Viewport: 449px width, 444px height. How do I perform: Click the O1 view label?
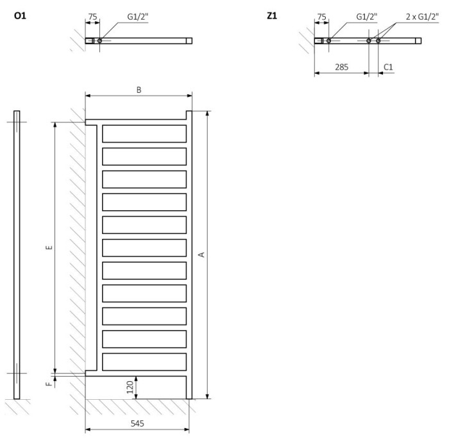click(x=20, y=15)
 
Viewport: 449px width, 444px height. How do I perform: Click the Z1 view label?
click(x=272, y=15)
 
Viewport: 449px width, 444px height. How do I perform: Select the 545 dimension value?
click(x=137, y=423)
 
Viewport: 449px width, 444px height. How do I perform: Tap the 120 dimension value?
click(x=130, y=387)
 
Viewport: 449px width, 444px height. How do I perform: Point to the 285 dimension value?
click(x=342, y=67)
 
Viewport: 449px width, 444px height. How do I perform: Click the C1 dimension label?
click(x=388, y=67)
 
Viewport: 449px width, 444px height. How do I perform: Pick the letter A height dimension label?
click(x=201, y=254)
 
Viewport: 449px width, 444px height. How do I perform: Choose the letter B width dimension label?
click(x=139, y=90)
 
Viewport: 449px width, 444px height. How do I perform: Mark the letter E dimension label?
click(x=49, y=247)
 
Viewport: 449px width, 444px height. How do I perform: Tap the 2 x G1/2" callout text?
click(x=422, y=17)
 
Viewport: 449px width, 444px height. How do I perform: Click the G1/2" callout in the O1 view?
click(x=138, y=17)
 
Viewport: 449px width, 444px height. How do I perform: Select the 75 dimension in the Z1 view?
click(x=321, y=17)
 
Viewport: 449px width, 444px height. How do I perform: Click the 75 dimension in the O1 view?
click(x=92, y=17)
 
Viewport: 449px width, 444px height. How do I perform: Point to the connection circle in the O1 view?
click(x=99, y=40)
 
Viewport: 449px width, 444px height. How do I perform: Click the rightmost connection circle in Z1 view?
click(x=378, y=40)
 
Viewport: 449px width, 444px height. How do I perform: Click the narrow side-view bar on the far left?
click(x=17, y=254)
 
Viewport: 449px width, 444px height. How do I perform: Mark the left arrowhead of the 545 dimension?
click(x=88, y=429)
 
